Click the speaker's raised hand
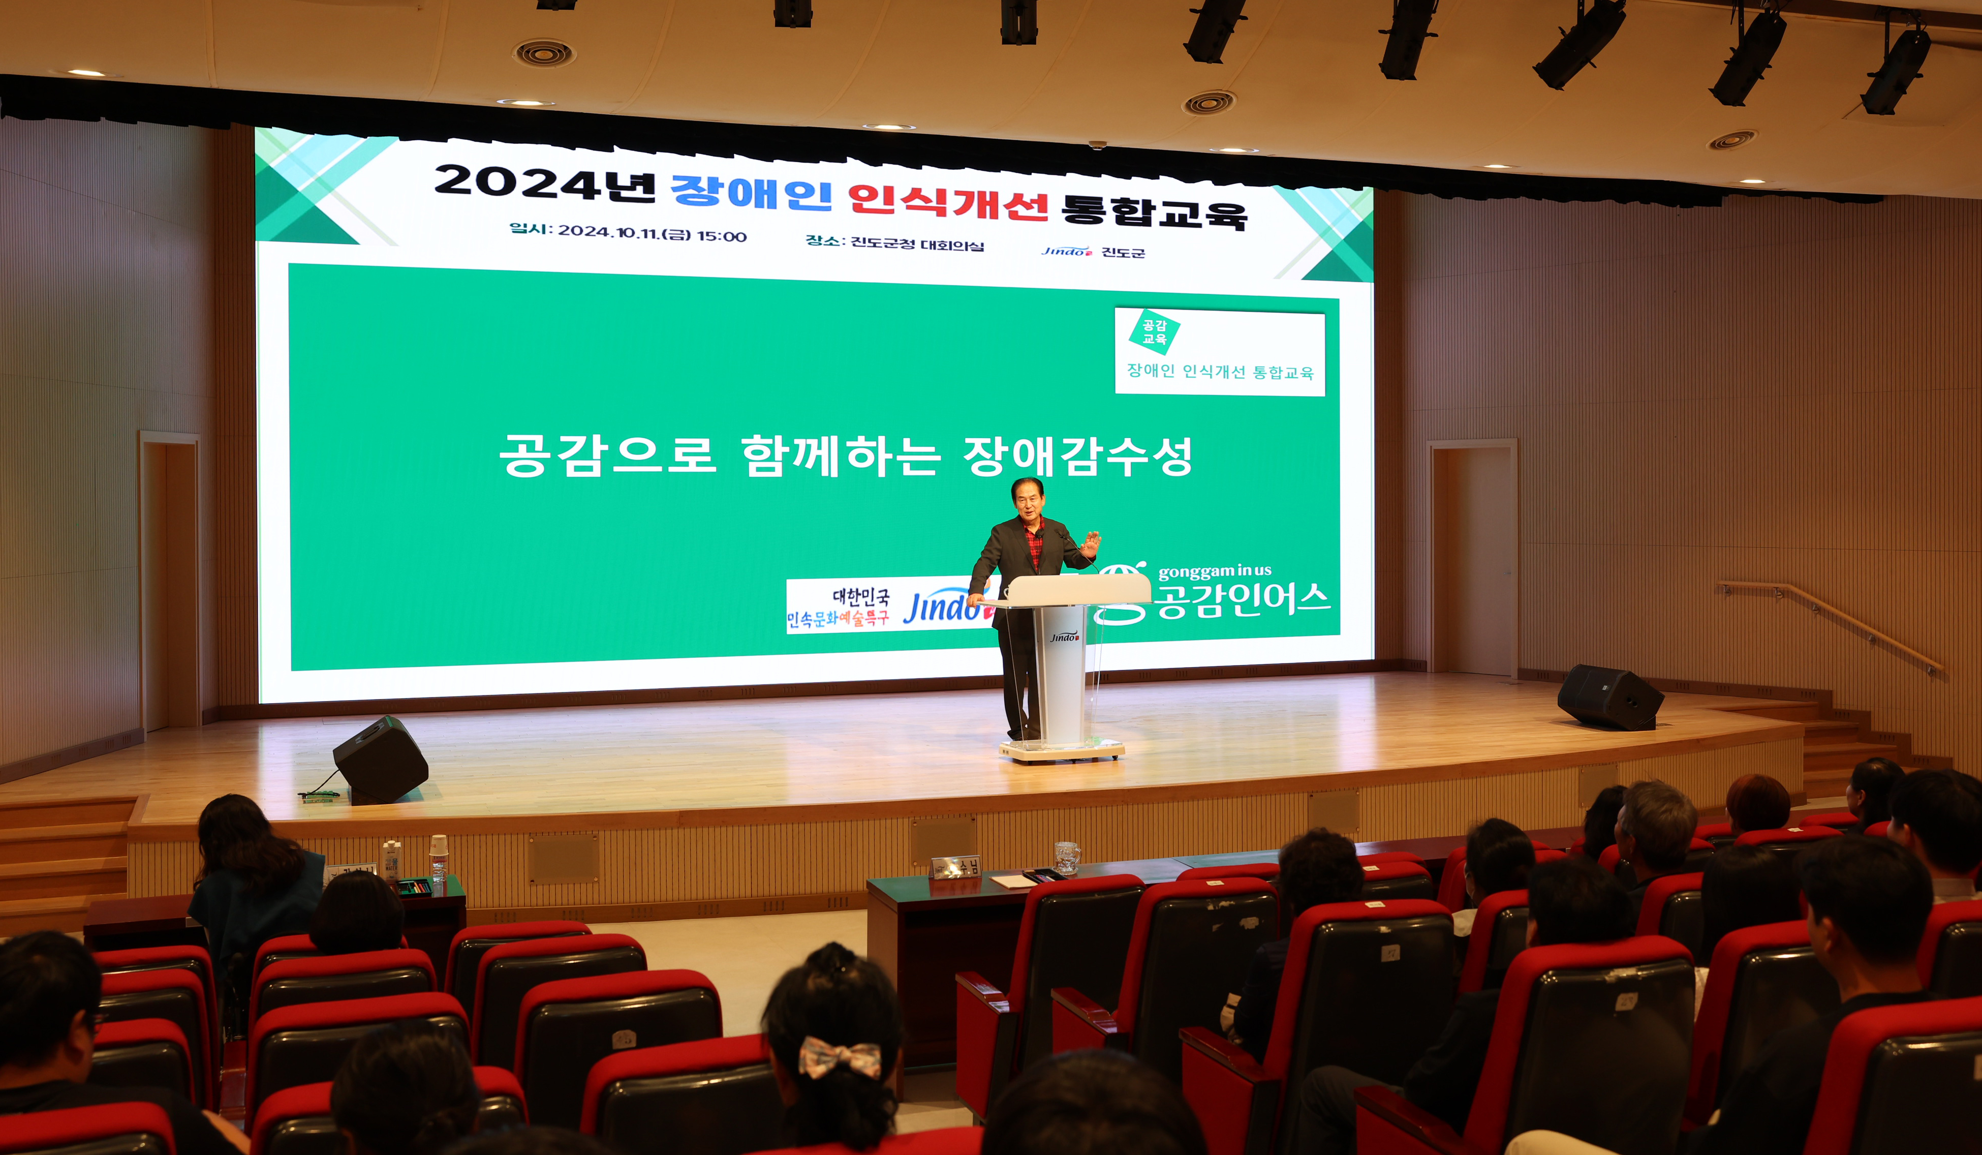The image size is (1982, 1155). (1091, 542)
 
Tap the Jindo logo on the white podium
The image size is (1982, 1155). (1064, 636)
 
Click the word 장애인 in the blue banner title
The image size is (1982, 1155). (751, 191)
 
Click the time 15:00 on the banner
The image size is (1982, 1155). (721, 236)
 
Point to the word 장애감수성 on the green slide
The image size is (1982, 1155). (1077, 457)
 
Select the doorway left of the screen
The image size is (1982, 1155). (170, 582)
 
